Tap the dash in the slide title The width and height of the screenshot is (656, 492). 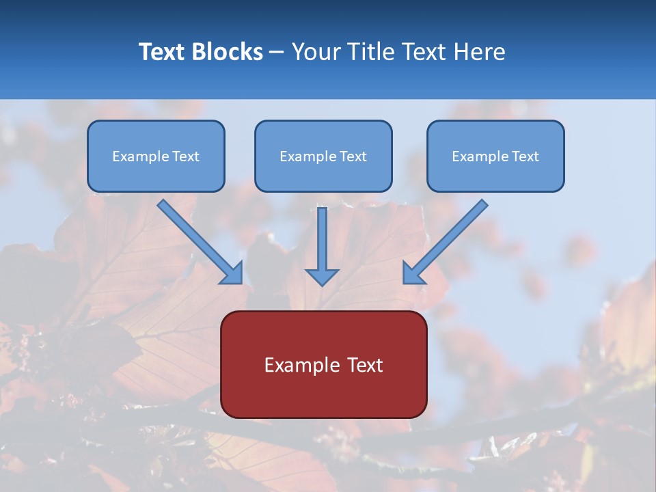[x=277, y=53]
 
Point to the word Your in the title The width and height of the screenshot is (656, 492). [x=316, y=52]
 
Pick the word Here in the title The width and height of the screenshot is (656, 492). [x=480, y=52]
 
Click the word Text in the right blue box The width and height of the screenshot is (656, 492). [x=525, y=156]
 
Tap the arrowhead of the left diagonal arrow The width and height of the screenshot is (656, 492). [x=234, y=274]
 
